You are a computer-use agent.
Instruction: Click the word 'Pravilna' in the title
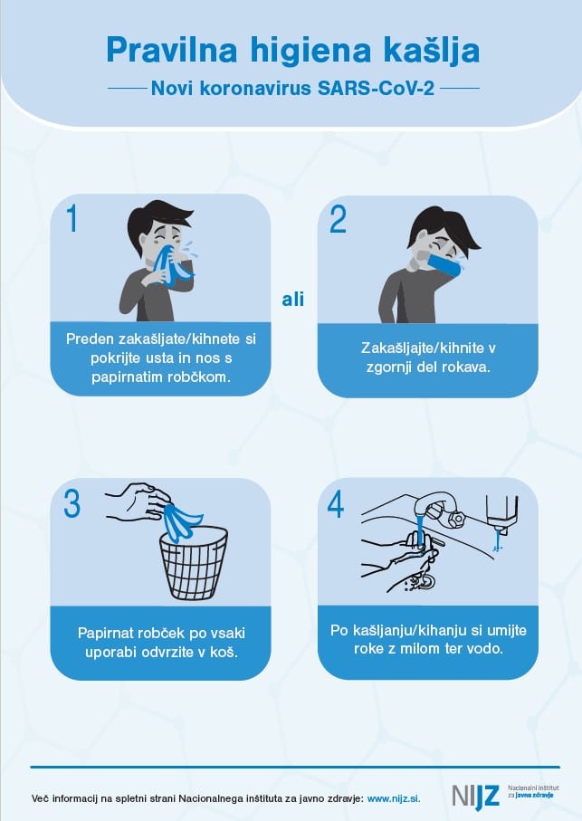tap(172, 51)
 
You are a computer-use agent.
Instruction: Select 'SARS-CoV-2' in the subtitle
tap(376, 88)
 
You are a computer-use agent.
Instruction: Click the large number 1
tap(72, 218)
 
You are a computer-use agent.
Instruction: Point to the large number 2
tap(339, 219)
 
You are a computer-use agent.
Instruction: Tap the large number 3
tap(72, 503)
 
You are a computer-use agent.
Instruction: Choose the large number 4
tap(336, 503)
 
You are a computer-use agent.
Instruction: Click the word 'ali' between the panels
tap(293, 299)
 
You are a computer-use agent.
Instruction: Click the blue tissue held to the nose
tap(173, 265)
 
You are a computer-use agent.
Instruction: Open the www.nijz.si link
tap(394, 798)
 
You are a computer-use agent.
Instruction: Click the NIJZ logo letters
tap(476, 796)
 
